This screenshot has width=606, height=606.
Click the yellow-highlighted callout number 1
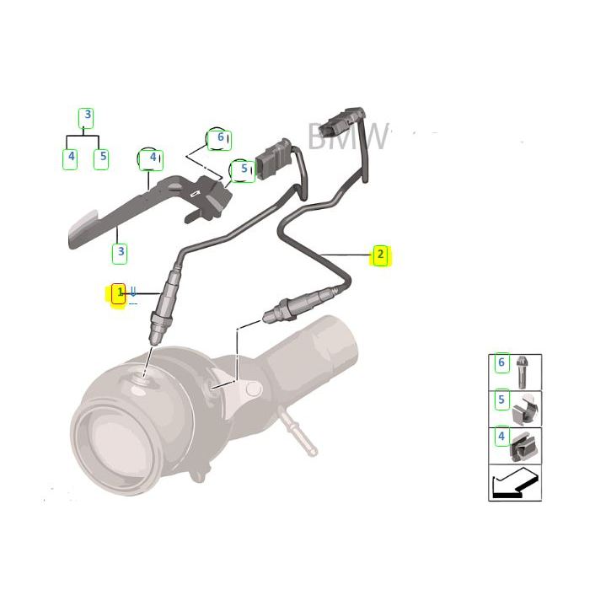[x=119, y=293]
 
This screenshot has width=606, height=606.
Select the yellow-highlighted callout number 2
[x=380, y=255]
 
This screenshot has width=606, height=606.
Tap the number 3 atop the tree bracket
[x=86, y=116]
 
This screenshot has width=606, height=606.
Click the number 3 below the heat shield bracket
[x=121, y=251]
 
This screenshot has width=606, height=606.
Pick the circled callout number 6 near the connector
[x=220, y=137]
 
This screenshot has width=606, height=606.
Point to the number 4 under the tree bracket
[x=71, y=157]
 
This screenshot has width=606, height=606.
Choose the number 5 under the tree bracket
[x=101, y=157]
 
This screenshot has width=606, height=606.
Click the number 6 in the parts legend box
[x=501, y=363]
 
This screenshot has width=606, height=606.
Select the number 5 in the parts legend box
[x=501, y=400]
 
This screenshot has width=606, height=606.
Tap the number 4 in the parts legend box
[x=501, y=437]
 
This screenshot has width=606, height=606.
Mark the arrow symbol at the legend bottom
[x=515, y=484]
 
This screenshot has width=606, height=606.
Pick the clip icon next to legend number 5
[x=526, y=409]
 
